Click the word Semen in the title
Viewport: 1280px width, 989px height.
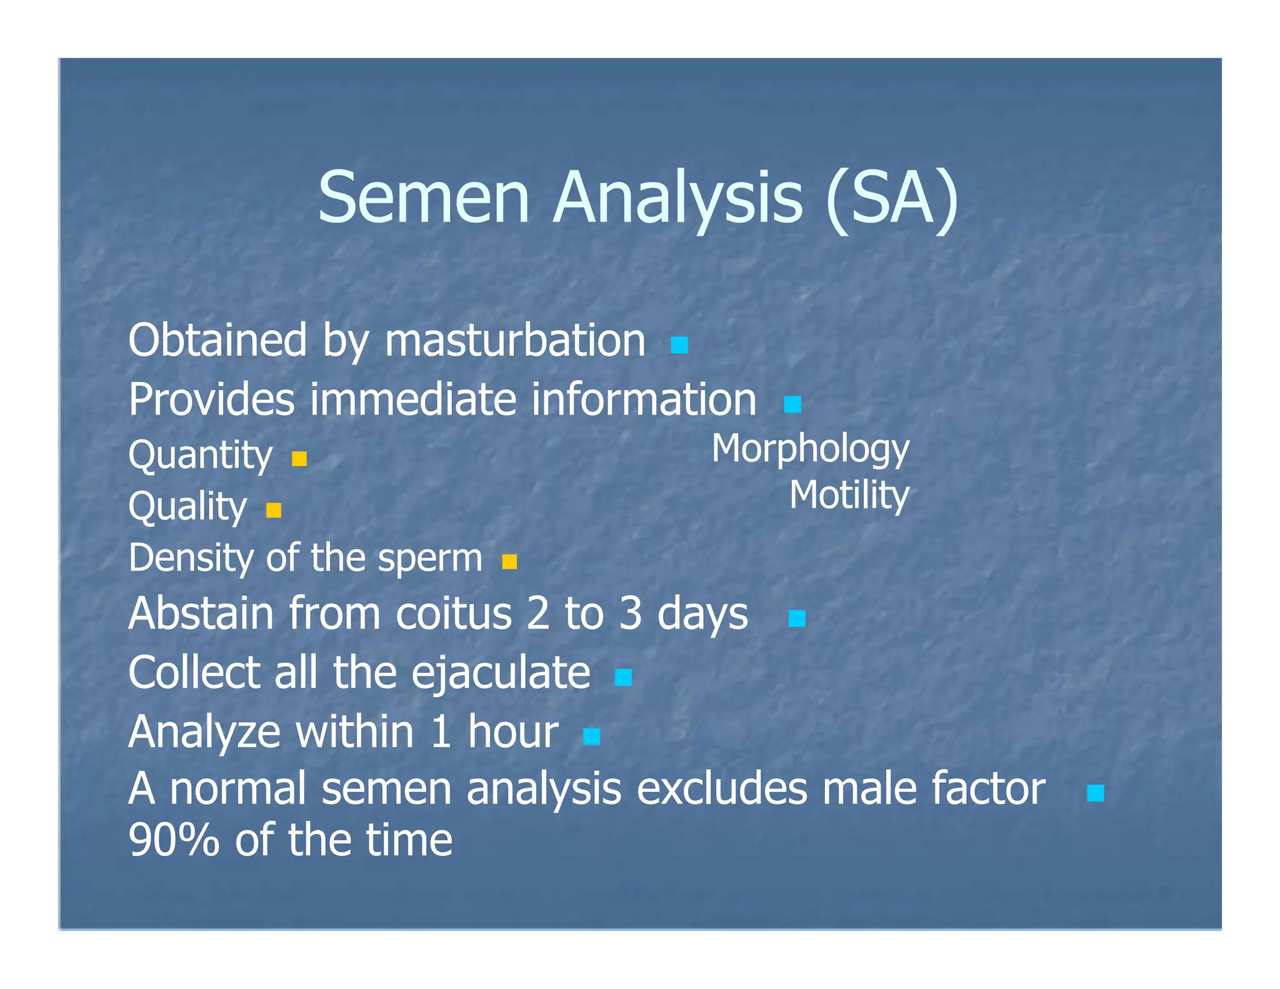[x=424, y=198]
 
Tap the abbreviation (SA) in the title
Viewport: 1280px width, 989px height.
[x=891, y=198]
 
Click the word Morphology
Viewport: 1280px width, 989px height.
[x=810, y=449]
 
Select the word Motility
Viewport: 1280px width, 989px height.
[x=848, y=496]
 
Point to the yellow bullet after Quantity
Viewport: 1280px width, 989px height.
[x=299, y=459]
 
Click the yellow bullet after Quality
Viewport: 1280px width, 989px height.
[x=274, y=511]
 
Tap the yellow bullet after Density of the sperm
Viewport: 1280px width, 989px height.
[x=509, y=562]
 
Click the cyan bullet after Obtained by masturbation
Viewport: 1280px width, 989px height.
[x=679, y=345]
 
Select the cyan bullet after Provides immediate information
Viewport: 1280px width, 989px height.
[x=792, y=404]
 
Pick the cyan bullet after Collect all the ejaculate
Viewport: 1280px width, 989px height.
[x=623, y=677]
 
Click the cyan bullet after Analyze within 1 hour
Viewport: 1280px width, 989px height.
[x=591, y=737]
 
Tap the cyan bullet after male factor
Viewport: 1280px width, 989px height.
[x=1095, y=793]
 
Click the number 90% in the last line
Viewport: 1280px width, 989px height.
[x=174, y=841]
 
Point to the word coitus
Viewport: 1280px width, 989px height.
[x=454, y=614]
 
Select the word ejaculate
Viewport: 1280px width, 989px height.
[x=501, y=674]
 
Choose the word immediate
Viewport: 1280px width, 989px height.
[x=413, y=400]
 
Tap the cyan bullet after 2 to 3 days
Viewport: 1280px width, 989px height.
[x=797, y=619]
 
